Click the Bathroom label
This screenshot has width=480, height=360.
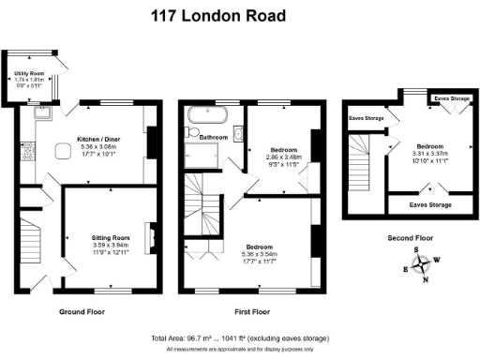click(214, 138)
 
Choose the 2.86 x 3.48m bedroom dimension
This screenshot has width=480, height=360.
click(284, 157)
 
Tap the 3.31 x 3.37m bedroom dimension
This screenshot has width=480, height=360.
click(432, 154)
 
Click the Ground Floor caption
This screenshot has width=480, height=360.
click(82, 310)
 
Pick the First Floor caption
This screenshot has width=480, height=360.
click(251, 310)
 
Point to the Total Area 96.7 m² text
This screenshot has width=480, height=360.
click(184, 337)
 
